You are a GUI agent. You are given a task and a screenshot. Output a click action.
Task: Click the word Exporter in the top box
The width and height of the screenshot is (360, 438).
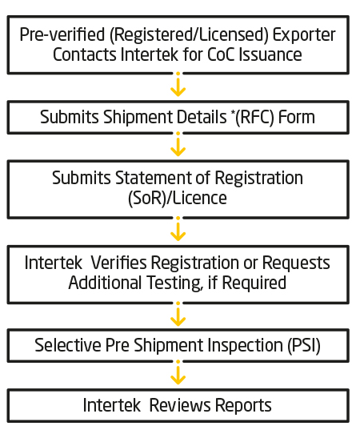coord(304,35)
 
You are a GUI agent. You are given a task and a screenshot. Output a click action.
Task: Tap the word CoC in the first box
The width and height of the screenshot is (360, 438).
coord(221,54)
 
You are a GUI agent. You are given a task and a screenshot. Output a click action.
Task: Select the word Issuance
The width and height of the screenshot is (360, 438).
coord(270,54)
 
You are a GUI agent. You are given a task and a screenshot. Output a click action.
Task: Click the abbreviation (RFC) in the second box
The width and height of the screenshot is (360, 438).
coord(253,117)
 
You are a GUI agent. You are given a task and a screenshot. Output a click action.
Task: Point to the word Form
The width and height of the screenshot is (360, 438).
coord(296,117)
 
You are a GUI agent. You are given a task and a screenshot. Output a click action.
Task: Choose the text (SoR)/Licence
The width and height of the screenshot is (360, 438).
coord(178,199)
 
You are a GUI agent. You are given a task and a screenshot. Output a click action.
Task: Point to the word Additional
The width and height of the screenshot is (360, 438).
coord(106,283)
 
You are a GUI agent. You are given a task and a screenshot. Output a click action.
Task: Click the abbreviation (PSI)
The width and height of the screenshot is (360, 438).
coord(304,346)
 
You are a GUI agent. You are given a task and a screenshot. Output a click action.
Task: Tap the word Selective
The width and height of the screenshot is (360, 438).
coord(68,345)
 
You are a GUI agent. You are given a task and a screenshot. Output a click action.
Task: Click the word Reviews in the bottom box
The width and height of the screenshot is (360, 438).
coord(180,405)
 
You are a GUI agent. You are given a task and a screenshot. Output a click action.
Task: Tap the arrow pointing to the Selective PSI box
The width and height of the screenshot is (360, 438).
coord(178,314)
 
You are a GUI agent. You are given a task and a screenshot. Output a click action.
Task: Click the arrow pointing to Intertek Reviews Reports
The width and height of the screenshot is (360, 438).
coord(178,372)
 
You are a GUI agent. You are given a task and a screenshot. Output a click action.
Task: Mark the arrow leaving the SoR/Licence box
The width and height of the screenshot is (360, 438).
coord(178,229)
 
